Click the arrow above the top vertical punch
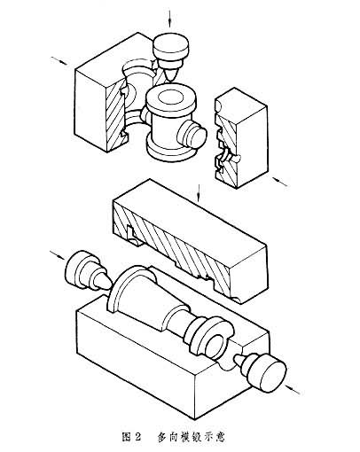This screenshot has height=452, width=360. tap(170, 19)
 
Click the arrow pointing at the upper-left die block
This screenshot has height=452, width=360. tap(59, 60)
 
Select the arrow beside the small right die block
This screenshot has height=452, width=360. tap(279, 182)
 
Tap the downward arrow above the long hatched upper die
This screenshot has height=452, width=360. tap(199, 193)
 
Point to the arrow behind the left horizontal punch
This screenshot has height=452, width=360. tap(57, 255)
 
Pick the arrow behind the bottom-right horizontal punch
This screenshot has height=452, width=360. tap(293, 389)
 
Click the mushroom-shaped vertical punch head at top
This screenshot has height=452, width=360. tap(171, 46)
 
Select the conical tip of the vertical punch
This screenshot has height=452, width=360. tap(170, 74)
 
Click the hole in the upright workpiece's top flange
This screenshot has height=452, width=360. tap(170, 97)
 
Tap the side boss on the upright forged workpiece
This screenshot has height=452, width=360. tap(192, 135)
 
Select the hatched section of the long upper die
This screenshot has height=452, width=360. tap(175, 245)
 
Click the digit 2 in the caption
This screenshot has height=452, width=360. tap(137, 437)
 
